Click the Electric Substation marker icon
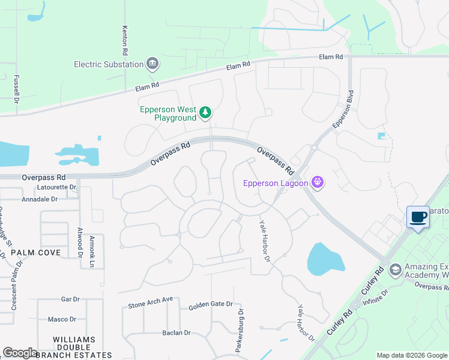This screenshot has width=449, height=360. [x=152, y=64]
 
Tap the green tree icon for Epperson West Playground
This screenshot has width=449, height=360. [x=205, y=112]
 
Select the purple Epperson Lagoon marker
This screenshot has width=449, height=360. [x=318, y=183]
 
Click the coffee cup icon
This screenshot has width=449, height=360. [x=418, y=217]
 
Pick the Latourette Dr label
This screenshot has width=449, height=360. [x=57, y=187]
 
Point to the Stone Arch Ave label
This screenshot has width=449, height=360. [x=150, y=302]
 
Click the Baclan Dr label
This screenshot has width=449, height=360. [x=176, y=332]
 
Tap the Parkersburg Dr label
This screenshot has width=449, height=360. [x=240, y=330]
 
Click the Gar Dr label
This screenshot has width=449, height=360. [x=70, y=299]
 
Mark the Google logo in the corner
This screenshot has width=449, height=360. [x=20, y=353]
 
